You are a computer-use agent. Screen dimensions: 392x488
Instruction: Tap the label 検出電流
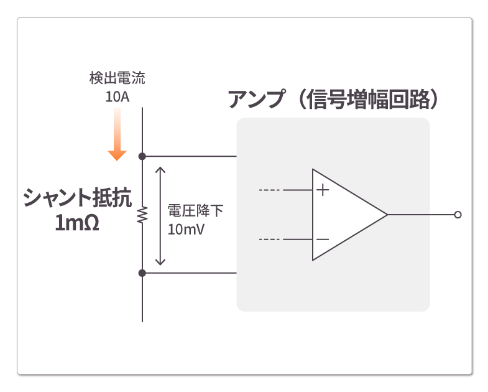(x=117, y=79)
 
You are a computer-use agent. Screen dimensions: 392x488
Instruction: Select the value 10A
(x=117, y=97)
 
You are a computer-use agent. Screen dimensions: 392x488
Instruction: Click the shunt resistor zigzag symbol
(x=142, y=215)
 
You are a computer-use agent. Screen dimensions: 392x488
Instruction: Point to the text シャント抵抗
(x=77, y=198)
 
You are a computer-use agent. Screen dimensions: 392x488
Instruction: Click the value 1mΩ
(x=77, y=223)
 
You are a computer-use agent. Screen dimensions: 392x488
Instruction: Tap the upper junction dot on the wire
(x=142, y=156)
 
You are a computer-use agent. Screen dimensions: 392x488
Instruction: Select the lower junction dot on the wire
(x=142, y=273)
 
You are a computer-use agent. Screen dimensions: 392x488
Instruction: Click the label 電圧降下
(x=195, y=211)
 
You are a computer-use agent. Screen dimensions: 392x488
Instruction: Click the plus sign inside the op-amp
(x=322, y=190)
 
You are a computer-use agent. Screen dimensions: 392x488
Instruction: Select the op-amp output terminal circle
(x=458, y=215)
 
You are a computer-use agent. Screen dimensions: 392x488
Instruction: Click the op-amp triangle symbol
(x=345, y=215)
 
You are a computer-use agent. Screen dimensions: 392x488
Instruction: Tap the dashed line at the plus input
(x=269, y=190)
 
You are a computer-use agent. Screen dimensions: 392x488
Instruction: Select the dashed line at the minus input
(x=269, y=240)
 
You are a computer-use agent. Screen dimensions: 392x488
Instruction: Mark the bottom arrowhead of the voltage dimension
(x=161, y=261)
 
